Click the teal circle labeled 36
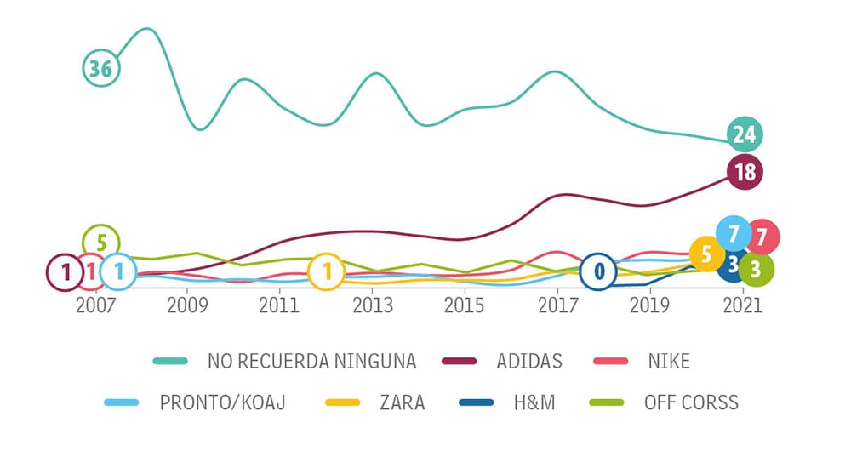pyautogui.click(x=101, y=68)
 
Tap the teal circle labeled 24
pyautogui.click(x=745, y=134)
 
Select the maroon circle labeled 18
pyautogui.click(x=745, y=172)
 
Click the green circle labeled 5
pyautogui.click(x=101, y=243)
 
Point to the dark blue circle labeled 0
pyautogui.click(x=599, y=271)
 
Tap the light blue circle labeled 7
pyautogui.click(x=733, y=232)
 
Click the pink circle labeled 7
pyautogui.click(x=762, y=237)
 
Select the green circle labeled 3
pyautogui.click(x=756, y=270)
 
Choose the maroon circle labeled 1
pyautogui.click(x=65, y=271)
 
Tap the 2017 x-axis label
pyautogui.click(x=557, y=305)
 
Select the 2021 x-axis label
pyautogui.click(x=743, y=305)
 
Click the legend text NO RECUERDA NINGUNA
pyautogui.click(x=311, y=361)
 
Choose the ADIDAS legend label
pyautogui.click(x=528, y=361)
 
